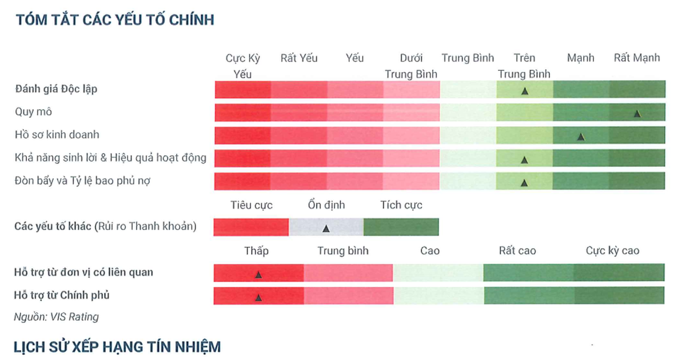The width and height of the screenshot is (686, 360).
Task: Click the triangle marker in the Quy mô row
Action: pyautogui.click(x=637, y=114)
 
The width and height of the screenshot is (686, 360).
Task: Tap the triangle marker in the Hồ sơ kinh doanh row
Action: pyautogui.click(x=581, y=137)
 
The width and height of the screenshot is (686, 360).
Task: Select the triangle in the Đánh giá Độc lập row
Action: pyautogui.click(x=524, y=91)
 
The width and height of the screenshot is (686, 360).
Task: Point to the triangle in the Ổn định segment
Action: pyautogui.click(x=326, y=229)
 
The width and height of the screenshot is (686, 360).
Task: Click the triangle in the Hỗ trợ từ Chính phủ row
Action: pyautogui.click(x=258, y=297)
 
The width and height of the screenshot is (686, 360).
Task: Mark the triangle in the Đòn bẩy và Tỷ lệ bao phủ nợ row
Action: pyautogui.click(x=524, y=183)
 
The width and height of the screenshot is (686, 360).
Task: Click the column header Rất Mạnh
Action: pyautogui.click(x=637, y=58)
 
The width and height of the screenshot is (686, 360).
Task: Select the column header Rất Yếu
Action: pyautogui.click(x=299, y=58)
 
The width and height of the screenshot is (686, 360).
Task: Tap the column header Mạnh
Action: pyautogui.click(x=581, y=58)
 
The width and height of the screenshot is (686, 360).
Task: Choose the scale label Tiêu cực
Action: pyautogui.click(x=252, y=205)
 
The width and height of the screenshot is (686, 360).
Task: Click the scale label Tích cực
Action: pyautogui.click(x=401, y=205)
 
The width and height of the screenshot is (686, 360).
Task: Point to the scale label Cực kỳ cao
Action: pyautogui.click(x=612, y=251)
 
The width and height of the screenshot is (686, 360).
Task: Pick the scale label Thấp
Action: pyautogui.click(x=256, y=251)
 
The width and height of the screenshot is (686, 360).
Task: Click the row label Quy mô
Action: pyautogui.click(x=33, y=112)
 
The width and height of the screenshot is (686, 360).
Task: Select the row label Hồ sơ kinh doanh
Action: pyautogui.click(x=57, y=135)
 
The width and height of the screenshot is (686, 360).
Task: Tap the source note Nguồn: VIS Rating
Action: pyautogui.click(x=57, y=317)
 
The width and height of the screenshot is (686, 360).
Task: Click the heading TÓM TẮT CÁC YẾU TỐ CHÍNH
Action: pyautogui.click(x=115, y=20)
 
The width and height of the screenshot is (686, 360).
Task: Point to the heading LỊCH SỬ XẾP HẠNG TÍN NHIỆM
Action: pyautogui.click(x=117, y=346)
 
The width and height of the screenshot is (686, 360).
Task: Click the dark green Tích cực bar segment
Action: pyautogui.click(x=401, y=227)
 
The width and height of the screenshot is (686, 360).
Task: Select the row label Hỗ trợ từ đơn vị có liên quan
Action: pyautogui.click(x=83, y=273)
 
